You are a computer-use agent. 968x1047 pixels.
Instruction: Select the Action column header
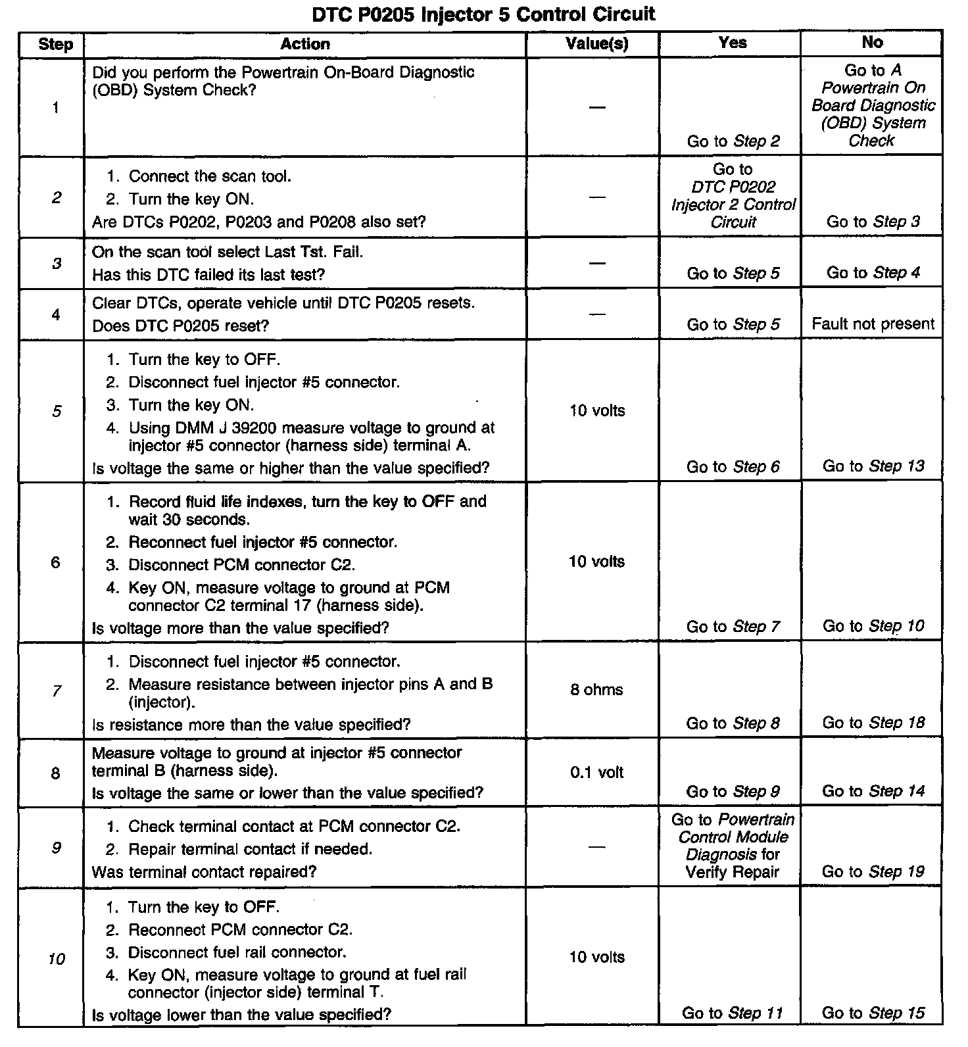(305, 44)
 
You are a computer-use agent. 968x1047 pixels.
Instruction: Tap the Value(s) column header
(596, 44)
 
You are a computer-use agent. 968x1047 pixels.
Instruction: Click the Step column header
(55, 44)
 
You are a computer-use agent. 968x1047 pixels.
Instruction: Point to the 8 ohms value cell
(596, 690)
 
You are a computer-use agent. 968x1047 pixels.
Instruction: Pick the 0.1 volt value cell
(596, 772)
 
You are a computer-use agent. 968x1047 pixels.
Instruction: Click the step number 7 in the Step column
(57, 691)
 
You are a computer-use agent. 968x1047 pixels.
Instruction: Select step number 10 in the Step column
(57, 959)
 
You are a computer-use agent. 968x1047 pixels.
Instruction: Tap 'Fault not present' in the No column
(873, 324)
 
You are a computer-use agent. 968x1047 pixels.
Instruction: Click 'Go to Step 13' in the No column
(873, 466)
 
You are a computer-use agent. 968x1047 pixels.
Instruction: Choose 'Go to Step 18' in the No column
(873, 723)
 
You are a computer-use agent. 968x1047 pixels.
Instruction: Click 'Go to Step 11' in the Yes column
(732, 1013)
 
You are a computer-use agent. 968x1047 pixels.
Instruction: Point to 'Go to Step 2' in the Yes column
(733, 141)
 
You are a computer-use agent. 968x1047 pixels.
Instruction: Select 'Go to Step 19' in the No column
(873, 871)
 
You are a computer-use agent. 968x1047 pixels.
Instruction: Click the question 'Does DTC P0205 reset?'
(181, 326)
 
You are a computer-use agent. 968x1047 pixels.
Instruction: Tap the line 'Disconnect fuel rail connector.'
(237, 952)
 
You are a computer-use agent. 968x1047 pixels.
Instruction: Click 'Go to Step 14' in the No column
(873, 791)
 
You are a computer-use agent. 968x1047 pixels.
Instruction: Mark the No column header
(872, 43)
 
